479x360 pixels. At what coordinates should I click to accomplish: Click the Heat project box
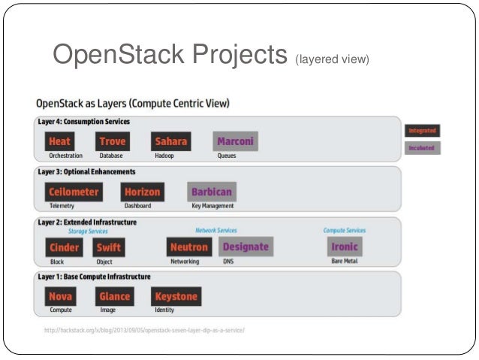(59, 141)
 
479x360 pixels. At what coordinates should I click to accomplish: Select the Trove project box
(112, 141)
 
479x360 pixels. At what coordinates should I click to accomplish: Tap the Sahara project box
(170, 141)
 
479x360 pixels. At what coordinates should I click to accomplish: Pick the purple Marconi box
(235, 141)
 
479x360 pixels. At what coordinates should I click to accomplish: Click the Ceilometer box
(74, 192)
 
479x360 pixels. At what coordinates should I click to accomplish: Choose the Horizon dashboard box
(142, 192)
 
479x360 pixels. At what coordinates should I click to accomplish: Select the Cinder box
(65, 247)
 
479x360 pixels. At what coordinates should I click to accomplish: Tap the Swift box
(108, 247)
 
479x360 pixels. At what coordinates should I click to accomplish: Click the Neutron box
(189, 247)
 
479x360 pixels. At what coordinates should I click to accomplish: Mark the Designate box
(246, 247)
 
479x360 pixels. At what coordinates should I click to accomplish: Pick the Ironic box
(345, 247)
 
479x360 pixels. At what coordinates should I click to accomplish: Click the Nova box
(60, 296)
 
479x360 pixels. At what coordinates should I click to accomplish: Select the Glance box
(115, 296)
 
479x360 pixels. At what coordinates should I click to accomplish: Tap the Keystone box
(176, 296)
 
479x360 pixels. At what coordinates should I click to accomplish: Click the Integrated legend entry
(422, 130)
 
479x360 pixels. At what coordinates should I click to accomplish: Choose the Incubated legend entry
(422, 148)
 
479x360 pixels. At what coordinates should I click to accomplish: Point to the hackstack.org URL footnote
(144, 330)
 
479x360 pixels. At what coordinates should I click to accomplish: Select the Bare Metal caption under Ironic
(345, 262)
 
